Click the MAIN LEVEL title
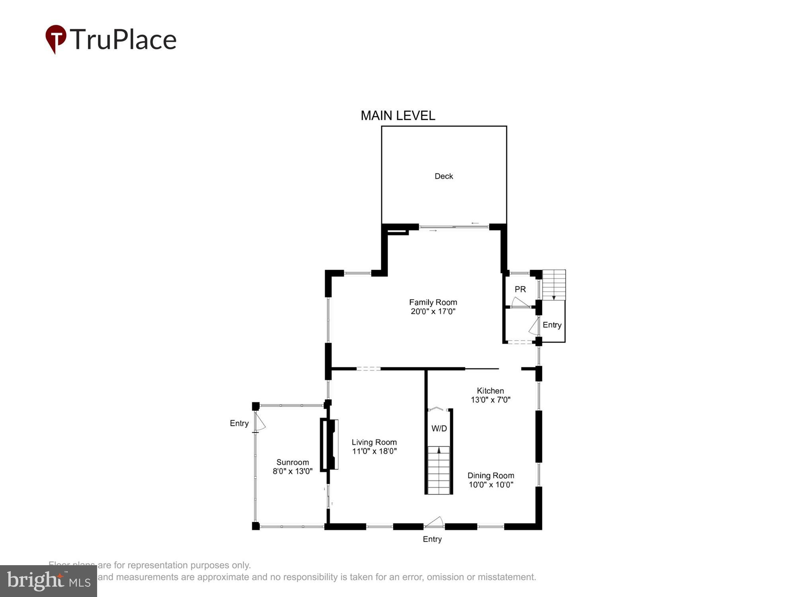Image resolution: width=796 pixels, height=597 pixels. [x=398, y=116]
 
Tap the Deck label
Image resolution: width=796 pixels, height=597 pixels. [x=443, y=176]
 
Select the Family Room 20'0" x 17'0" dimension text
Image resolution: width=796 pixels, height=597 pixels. [x=433, y=312]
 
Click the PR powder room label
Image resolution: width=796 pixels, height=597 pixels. [x=520, y=289]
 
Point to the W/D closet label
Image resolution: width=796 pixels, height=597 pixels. [x=439, y=429]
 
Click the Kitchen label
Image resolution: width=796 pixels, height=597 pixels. [x=490, y=391]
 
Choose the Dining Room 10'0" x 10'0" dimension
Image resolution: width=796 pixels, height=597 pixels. [x=491, y=485]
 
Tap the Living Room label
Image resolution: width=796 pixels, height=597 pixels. [x=374, y=442]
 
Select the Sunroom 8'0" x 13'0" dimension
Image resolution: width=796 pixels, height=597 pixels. [x=293, y=472]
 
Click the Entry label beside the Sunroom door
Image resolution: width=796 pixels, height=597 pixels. [x=239, y=423]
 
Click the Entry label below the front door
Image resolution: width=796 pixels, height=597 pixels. [x=432, y=539]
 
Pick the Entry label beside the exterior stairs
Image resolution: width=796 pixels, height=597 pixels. [x=552, y=325]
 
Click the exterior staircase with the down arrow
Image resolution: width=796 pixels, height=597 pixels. [x=554, y=285]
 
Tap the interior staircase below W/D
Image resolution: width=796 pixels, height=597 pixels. [x=439, y=470]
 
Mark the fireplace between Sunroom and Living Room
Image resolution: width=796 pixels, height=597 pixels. [x=330, y=444]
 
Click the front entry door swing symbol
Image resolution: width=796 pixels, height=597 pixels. [x=435, y=522]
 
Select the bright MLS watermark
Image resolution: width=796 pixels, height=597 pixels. [x=48, y=581]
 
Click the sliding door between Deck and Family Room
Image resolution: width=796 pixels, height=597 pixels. [x=454, y=227]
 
